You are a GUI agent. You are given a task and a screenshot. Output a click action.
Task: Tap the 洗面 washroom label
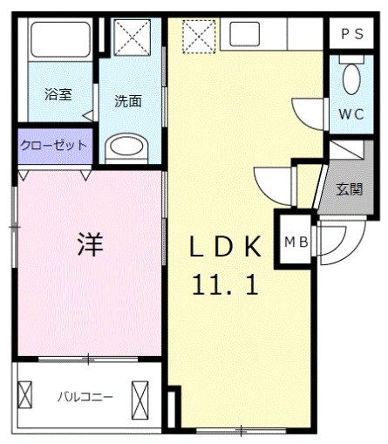coord(128,100)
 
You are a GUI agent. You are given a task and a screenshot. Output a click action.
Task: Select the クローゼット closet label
coord(53,145)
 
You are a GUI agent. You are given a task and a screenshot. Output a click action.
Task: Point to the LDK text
coord(225,249)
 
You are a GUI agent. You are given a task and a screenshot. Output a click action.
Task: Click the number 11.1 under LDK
coord(225,285)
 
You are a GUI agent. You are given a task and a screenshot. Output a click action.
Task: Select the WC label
coord(351,113)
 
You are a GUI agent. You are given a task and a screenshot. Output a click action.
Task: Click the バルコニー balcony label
coord(85,397)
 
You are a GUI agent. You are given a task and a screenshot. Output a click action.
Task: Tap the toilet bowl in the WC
coord(351,79)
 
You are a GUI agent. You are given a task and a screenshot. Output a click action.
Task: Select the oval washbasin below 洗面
coord(130,148)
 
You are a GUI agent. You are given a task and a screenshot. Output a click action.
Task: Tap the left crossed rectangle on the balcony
coord(25,397)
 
